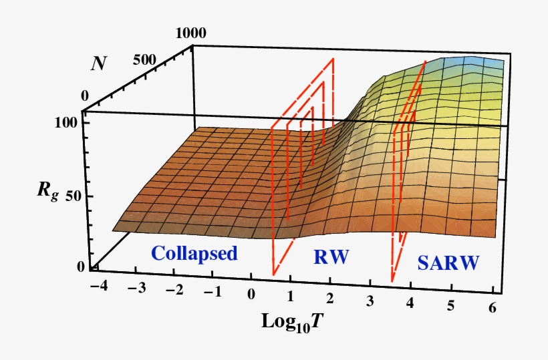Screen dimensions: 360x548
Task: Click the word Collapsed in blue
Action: coord(194,254)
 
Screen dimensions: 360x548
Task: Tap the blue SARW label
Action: coord(448,263)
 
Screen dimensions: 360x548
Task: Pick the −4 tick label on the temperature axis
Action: coord(97,287)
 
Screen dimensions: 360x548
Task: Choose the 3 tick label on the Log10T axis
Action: coord(370,299)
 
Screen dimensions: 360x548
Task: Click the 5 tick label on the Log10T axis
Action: coord(451,305)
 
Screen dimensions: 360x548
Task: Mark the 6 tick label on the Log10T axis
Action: coord(493,306)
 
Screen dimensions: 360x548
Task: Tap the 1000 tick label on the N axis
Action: coord(191,32)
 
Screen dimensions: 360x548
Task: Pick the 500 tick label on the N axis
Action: coord(144,60)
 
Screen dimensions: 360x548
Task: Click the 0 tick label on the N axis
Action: coord(85,96)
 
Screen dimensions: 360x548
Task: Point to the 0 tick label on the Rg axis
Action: coord(82,267)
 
